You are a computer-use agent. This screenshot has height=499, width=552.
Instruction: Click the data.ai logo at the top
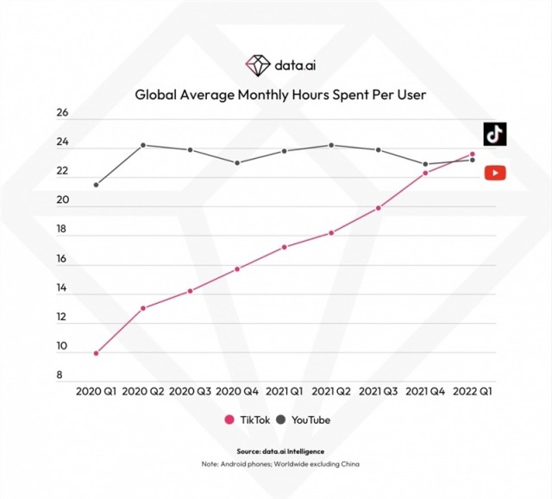(x=276, y=64)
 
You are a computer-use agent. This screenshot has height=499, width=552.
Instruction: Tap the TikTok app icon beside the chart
(x=494, y=134)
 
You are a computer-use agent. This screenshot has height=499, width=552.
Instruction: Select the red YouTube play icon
(x=494, y=173)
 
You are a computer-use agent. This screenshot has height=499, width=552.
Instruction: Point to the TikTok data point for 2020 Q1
(x=96, y=353)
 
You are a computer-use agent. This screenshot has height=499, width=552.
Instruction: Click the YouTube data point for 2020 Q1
(x=96, y=185)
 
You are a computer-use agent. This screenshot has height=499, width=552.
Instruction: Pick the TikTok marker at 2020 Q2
(x=142, y=308)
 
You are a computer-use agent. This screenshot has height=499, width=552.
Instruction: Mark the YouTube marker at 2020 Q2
(x=142, y=145)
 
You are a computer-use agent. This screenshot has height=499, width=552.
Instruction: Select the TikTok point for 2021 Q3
(x=379, y=208)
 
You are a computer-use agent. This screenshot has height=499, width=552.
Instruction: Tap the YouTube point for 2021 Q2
(x=332, y=145)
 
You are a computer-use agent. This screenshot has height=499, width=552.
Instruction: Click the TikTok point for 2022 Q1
(x=472, y=155)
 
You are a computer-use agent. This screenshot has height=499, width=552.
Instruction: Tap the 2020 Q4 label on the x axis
(x=237, y=392)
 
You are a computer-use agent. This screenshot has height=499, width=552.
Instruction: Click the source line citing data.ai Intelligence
(x=276, y=452)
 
